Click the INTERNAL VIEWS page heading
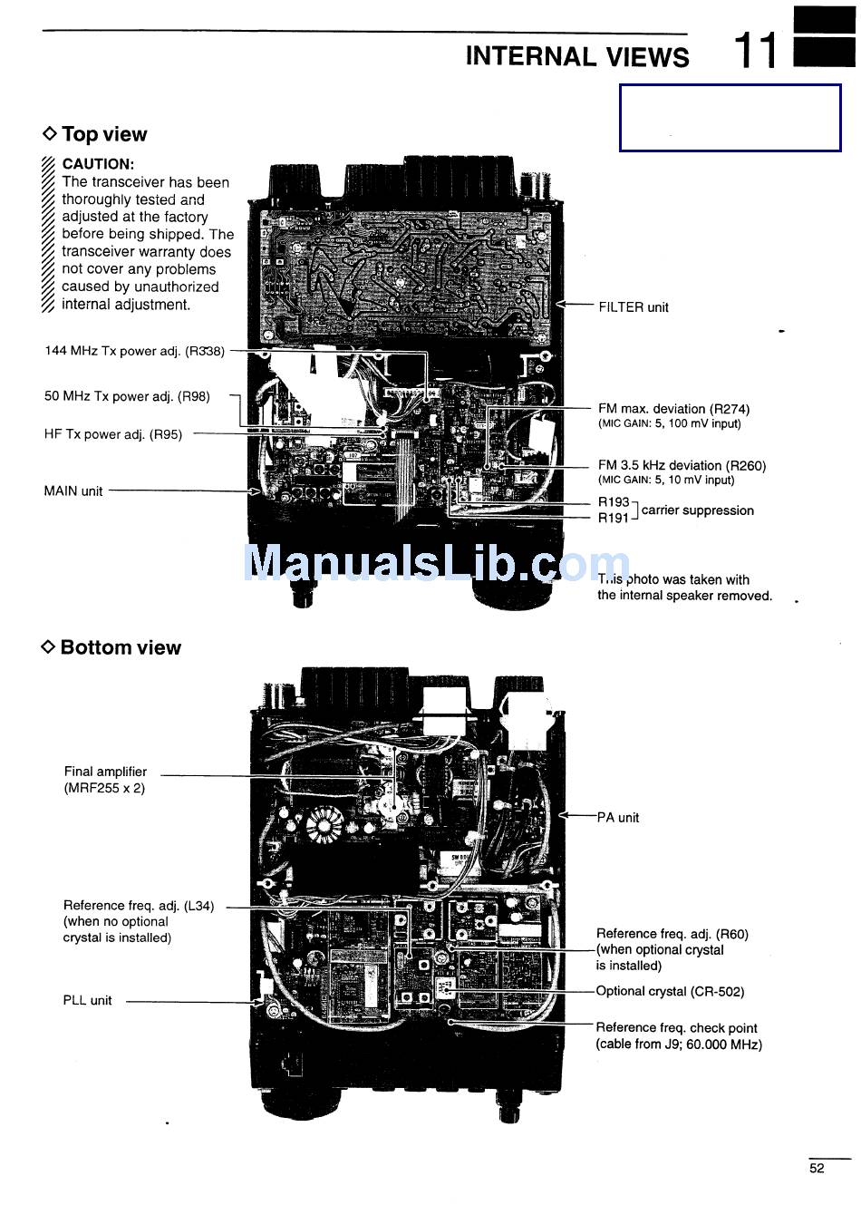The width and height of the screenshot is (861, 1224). pyautogui.click(x=577, y=56)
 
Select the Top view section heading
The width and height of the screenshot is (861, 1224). pyautogui.click(x=103, y=134)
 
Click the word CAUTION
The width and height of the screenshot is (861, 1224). pyautogui.click(x=98, y=164)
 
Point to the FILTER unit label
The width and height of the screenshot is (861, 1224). pyautogui.click(x=634, y=307)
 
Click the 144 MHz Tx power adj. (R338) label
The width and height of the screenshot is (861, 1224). pyautogui.click(x=134, y=351)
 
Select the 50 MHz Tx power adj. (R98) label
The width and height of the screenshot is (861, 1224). pyautogui.click(x=127, y=396)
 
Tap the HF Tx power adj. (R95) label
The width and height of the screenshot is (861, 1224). pyautogui.click(x=113, y=434)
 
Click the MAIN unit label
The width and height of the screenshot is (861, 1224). pyautogui.click(x=73, y=491)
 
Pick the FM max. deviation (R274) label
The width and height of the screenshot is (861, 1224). pyautogui.click(x=673, y=409)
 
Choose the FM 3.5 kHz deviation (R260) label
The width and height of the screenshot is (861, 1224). pyautogui.click(x=682, y=465)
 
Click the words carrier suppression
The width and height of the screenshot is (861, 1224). pyautogui.click(x=697, y=510)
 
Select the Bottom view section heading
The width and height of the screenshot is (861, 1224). pyautogui.click(x=120, y=647)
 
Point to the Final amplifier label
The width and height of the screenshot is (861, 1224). pyautogui.click(x=105, y=772)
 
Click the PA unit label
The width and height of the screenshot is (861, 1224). pyautogui.click(x=618, y=818)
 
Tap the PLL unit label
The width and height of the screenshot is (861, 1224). pyautogui.click(x=87, y=1001)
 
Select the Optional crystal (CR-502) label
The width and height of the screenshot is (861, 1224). pyautogui.click(x=670, y=991)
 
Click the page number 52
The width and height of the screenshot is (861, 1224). pyautogui.click(x=817, y=1169)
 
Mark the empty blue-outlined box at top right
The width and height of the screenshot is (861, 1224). pyautogui.click(x=730, y=118)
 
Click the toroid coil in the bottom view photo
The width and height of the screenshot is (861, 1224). pyautogui.click(x=322, y=825)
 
